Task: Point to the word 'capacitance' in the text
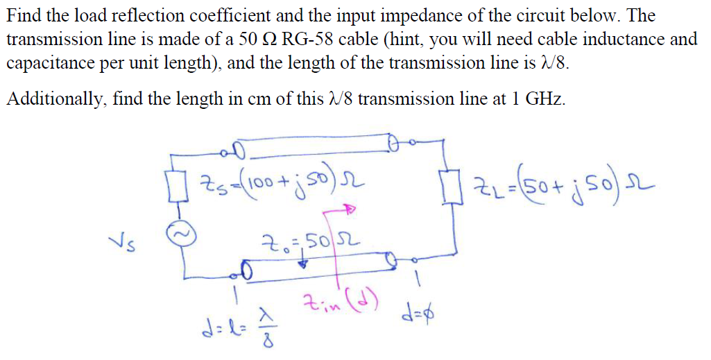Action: [x=51, y=64]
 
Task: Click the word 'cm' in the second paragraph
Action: [x=257, y=98]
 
